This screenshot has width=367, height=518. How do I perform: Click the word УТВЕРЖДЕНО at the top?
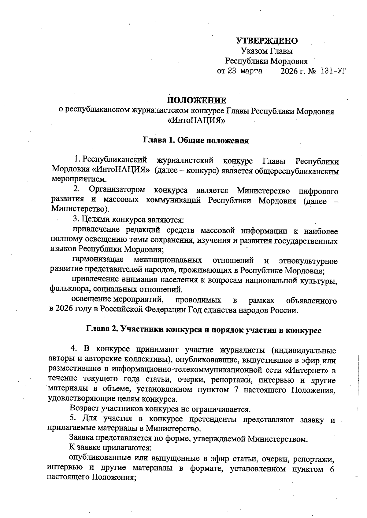click(267, 41)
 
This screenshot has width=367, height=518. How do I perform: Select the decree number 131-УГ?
click(333, 71)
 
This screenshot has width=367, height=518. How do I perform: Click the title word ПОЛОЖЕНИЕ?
click(196, 100)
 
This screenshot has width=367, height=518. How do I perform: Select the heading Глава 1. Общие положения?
click(196, 140)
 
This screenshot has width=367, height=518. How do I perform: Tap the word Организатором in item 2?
click(117, 190)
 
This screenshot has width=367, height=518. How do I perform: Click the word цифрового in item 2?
click(318, 191)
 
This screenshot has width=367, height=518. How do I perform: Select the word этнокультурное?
click(308, 261)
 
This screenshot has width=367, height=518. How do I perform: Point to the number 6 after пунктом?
click(332, 469)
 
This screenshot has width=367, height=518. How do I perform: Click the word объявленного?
click(311, 301)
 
